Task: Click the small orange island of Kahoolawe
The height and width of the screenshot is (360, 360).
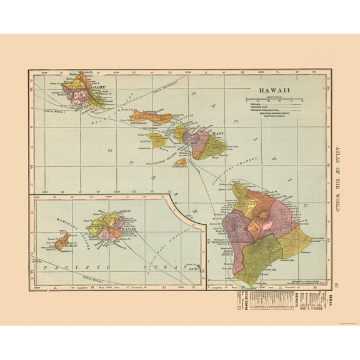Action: pos(181,161)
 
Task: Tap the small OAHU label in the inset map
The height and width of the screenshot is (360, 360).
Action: pos(192,270)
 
